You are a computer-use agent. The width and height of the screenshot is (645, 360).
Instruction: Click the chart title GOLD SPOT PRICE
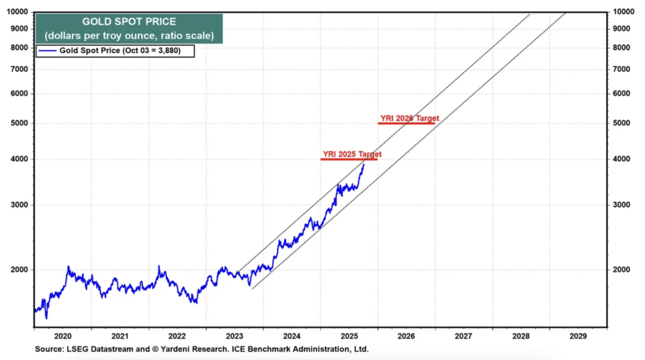[129, 22]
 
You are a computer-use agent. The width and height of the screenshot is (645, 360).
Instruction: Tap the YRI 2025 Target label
[348, 154]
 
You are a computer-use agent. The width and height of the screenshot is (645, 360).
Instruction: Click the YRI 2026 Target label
[409, 118]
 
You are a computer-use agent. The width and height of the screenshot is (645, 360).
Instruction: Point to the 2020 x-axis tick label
[62, 335]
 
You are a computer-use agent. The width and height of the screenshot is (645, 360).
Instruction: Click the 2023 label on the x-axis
[234, 335]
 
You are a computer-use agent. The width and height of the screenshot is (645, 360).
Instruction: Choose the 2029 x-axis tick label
[578, 335]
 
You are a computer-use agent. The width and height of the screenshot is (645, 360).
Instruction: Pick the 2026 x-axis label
[406, 335]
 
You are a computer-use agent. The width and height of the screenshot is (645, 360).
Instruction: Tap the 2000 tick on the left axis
[19, 270]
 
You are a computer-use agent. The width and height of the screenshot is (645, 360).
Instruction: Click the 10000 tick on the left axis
[17, 12]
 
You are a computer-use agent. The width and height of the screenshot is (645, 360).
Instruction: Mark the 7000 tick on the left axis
[19, 69]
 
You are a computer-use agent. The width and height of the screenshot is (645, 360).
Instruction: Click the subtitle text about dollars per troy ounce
[129, 36]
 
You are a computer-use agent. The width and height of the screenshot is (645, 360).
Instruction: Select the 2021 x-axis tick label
[120, 335]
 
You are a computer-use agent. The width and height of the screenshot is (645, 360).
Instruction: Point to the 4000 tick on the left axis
[19, 159]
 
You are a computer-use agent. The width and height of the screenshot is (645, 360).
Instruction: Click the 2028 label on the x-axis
[521, 335]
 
